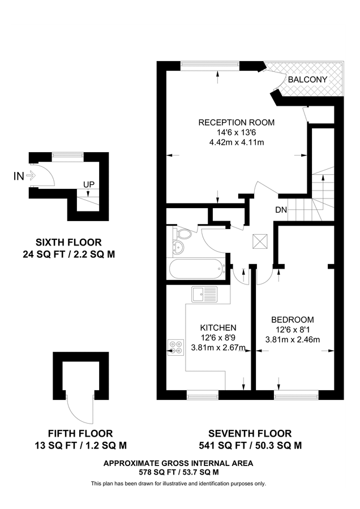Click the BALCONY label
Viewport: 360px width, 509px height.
[x=307, y=79]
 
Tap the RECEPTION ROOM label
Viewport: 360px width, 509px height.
[x=236, y=122]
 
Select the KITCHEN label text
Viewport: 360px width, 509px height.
[x=218, y=327]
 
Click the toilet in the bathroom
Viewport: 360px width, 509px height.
[x=184, y=234]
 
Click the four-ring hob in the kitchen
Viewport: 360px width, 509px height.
[x=176, y=346]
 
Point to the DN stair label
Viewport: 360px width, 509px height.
[x=281, y=210]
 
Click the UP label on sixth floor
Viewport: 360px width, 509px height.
[x=89, y=184]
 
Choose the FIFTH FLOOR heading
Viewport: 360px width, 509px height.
[x=78, y=434]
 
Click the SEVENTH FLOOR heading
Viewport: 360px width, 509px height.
[x=249, y=434]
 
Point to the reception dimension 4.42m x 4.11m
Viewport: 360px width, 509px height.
[x=236, y=143]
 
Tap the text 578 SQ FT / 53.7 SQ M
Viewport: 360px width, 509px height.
[x=178, y=472]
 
